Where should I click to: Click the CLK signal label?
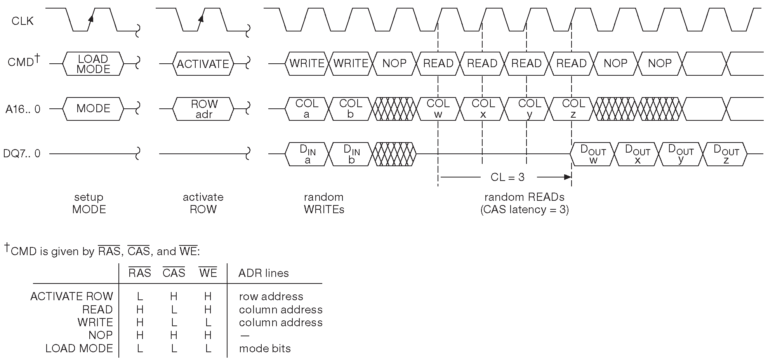[23, 21]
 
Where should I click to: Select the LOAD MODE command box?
[93, 64]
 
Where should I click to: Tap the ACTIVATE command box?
[203, 64]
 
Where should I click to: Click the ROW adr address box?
[203, 109]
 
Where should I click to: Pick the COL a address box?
[307, 109]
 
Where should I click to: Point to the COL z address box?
[573, 109]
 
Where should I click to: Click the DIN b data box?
[351, 154]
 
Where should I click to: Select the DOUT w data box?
[593, 154]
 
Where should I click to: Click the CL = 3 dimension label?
[507, 177]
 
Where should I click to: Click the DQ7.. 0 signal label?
[21, 154]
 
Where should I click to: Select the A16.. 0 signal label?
[23, 110]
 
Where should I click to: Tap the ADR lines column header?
[263, 273]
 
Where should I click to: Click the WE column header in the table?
[208, 273]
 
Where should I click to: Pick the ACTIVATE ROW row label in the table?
[71, 296]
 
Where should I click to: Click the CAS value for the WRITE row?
[174, 322]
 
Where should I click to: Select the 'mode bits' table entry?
[265, 348]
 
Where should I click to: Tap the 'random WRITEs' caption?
[324, 203]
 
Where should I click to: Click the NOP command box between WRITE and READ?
[394, 64]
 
